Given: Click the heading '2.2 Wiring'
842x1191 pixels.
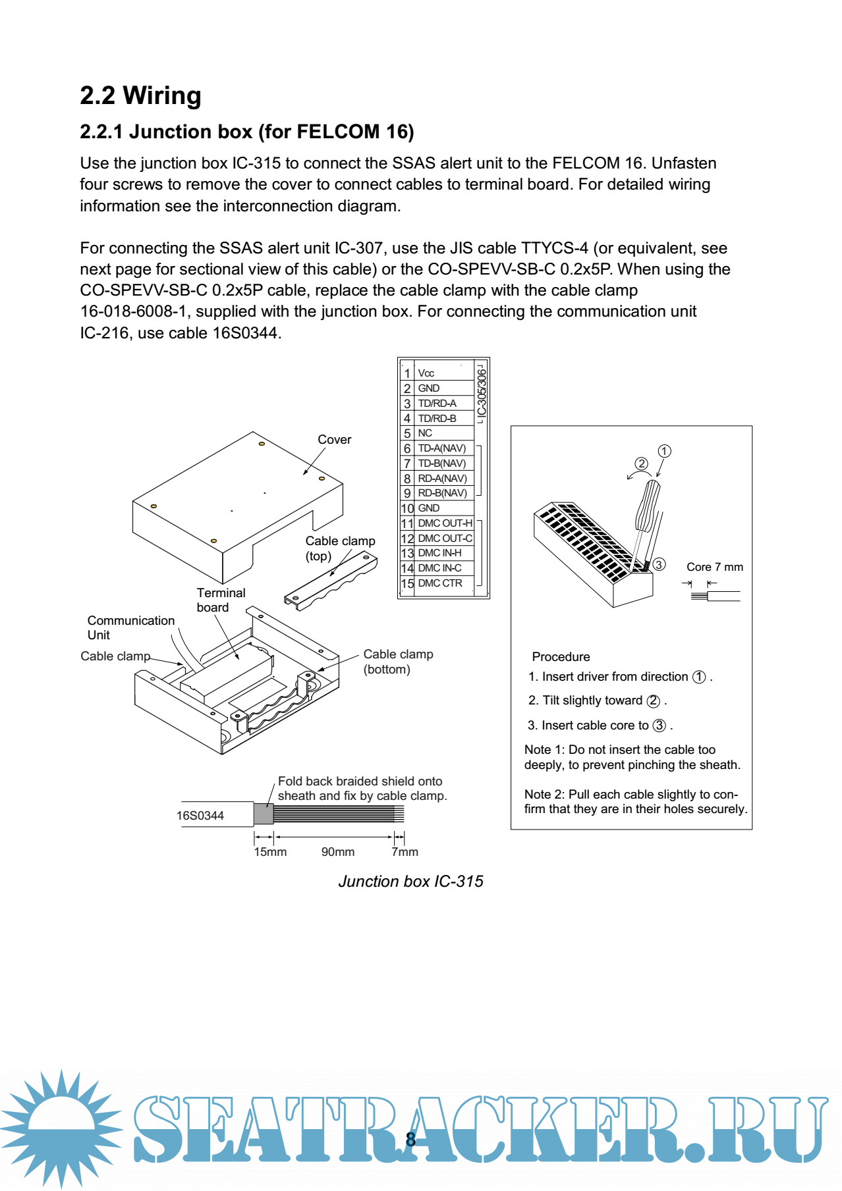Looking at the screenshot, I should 140,96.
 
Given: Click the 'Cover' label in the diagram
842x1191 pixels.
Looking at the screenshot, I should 334,440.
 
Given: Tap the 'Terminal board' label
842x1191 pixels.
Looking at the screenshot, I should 221,600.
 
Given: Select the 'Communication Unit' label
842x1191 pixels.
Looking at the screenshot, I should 130,627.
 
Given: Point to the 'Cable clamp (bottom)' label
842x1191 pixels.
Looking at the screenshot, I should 397,662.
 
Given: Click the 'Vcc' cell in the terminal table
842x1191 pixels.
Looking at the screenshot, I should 426,373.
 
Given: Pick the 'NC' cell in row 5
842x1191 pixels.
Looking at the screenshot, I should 425,433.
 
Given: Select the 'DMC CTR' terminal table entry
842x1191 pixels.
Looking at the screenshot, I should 440,583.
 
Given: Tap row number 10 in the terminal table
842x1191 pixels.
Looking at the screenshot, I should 407,508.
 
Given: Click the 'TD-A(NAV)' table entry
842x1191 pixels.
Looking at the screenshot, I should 441,448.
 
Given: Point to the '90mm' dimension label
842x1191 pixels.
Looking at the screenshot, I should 337,852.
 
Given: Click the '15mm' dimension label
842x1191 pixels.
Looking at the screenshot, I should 270,852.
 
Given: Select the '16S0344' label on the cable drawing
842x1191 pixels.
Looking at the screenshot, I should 200,816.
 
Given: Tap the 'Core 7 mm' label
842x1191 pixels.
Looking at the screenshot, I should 714,567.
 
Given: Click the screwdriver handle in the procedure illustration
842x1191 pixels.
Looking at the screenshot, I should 648,506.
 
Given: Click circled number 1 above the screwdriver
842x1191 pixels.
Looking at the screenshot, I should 664,451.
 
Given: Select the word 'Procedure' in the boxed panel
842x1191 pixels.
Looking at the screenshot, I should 561,657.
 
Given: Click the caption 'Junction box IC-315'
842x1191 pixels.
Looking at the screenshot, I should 410,882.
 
